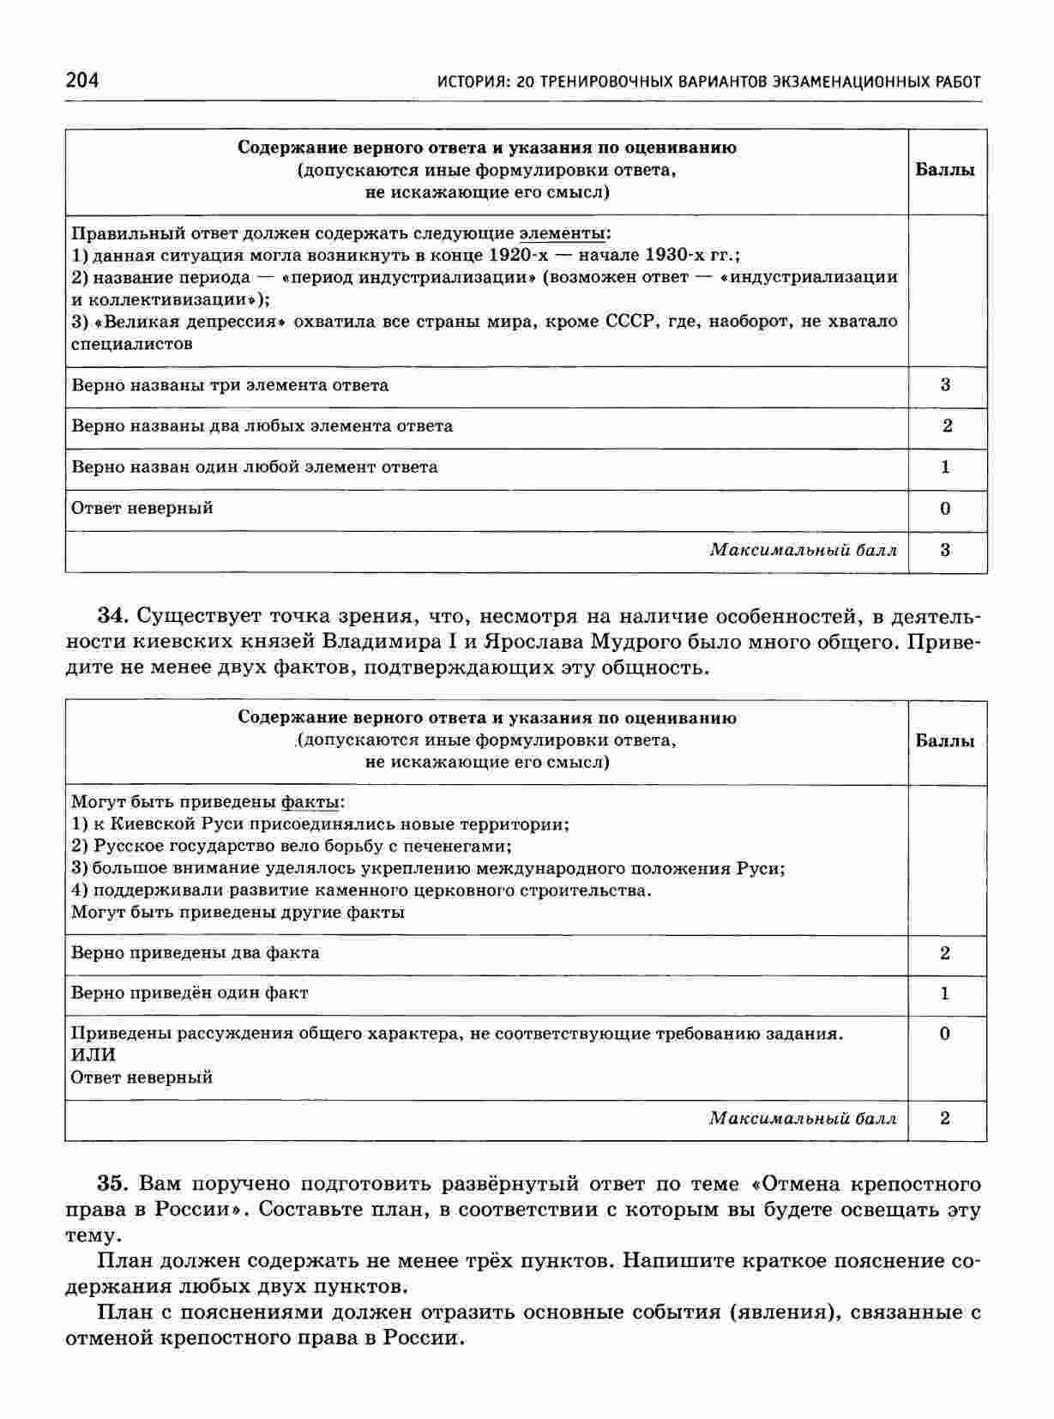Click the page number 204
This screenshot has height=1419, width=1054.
coord(81,80)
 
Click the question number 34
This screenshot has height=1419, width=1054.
coord(112,616)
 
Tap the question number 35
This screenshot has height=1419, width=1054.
coord(112,1184)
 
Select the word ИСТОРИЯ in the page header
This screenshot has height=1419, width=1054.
coord(467,82)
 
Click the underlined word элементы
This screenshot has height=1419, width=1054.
coord(562,232)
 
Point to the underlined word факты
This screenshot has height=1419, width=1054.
coord(310,802)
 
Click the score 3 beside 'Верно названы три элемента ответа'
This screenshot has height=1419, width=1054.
coord(946,385)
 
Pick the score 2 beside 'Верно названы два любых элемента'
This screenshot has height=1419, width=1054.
coord(947,426)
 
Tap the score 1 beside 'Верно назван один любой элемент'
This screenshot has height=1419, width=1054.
coord(946,468)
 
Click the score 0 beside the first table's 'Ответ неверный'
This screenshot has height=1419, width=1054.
coord(946,509)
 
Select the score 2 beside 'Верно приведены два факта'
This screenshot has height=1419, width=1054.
coord(945,953)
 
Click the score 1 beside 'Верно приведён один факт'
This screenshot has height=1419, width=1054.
coord(945,994)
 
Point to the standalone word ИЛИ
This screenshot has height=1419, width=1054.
coord(93,1054)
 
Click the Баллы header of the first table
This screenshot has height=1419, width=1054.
coord(945,170)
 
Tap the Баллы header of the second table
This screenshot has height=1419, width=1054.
coord(945,741)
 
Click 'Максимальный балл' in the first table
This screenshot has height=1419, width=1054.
coord(803,550)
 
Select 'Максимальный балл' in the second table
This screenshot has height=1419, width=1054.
coord(803,1119)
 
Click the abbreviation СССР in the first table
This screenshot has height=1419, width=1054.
coord(630,322)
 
